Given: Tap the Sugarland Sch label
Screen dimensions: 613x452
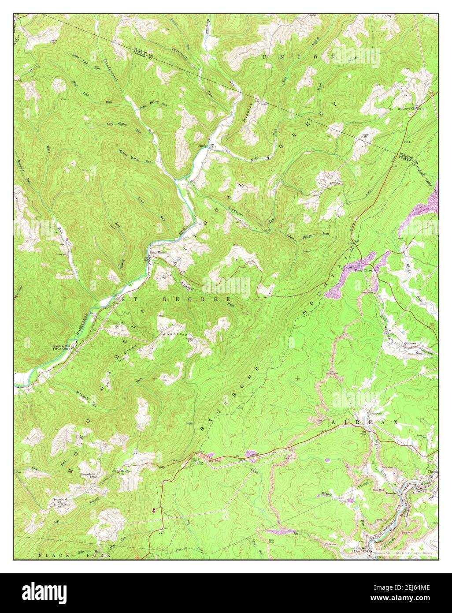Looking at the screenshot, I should (89, 475).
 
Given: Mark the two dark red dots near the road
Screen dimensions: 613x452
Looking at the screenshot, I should (153, 510).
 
